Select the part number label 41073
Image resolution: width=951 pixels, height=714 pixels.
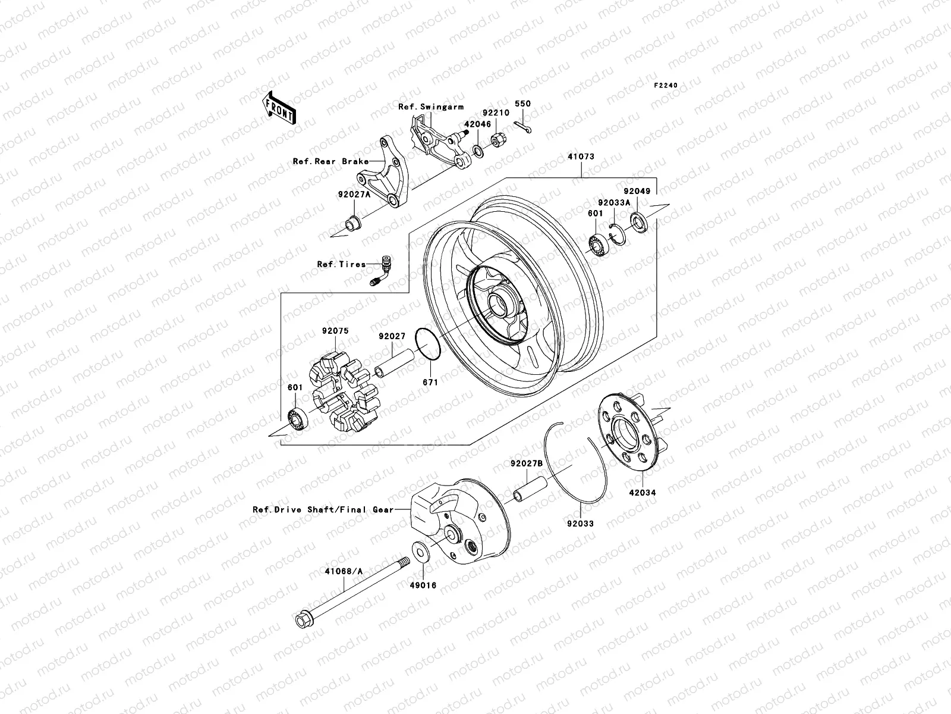click(581, 157)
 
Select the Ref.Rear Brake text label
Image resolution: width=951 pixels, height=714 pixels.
click(330, 161)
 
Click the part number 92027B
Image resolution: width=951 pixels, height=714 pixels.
click(527, 464)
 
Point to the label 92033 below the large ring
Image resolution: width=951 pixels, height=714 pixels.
click(580, 524)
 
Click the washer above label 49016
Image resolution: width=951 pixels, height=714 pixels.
click(420, 552)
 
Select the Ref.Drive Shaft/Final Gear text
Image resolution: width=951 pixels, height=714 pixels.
click(323, 509)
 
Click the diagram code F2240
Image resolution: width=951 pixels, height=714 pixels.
click(666, 86)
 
